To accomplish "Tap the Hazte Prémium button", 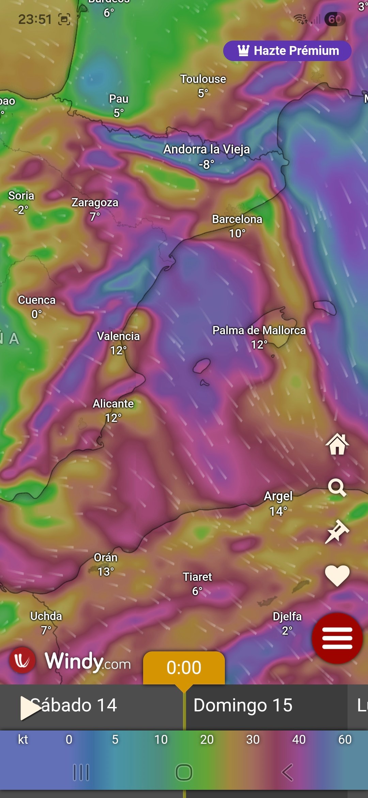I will pos(287,51).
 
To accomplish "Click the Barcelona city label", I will pos(237,219).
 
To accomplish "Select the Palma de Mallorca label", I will pos(259,330).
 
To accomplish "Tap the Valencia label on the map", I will pos(118,336).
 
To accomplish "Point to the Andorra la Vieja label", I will pos(206,149).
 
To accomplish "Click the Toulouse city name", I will pos(203,79).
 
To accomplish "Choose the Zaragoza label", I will pos(95,203).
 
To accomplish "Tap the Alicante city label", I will pos(113,404).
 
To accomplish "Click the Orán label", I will pos(106,558).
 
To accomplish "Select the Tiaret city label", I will pos(197,577).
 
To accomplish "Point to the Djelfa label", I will pos(287,617).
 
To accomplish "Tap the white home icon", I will pos(337,444).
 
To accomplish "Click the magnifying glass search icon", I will pos(337,488).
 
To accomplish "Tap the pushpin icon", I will pos(337,531).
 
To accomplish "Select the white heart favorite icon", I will pos(337,576).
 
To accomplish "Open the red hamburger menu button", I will pos(337,638).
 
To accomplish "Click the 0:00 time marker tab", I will pos(184,668).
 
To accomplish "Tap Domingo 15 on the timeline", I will pos(243,705).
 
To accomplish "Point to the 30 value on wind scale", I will pos(253,739).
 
